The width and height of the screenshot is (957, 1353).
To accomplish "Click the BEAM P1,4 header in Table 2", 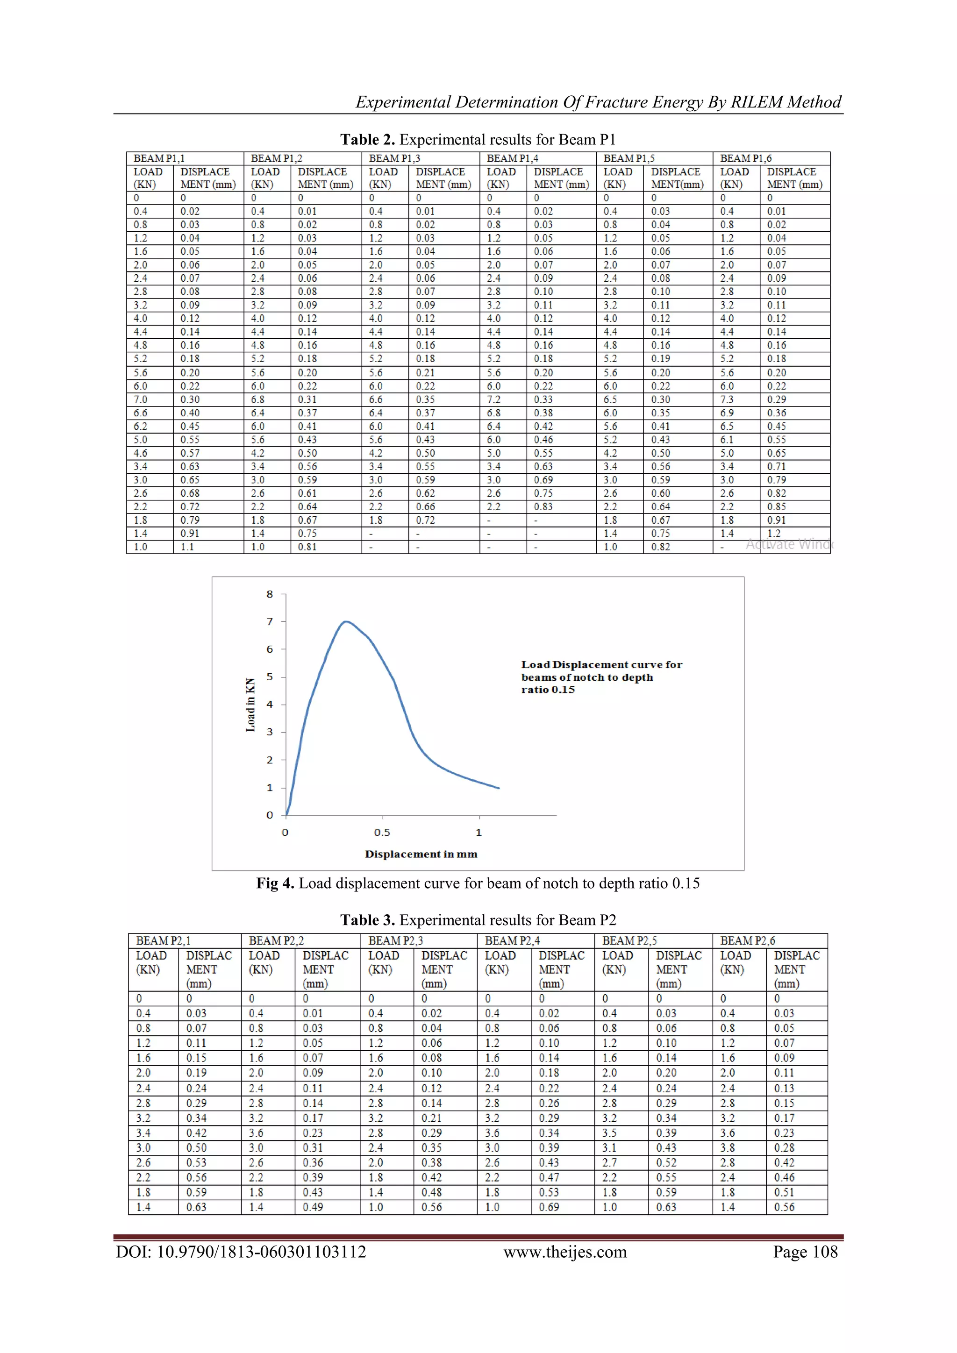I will pyautogui.click(x=512, y=158).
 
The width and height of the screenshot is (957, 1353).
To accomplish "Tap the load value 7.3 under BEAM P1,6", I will pyautogui.click(x=727, y=399).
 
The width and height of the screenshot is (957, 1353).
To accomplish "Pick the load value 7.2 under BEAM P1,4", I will pyautogui.click(x=494, y=399).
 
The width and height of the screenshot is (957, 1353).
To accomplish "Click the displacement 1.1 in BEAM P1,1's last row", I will pyautogui.click(x=187, y=547).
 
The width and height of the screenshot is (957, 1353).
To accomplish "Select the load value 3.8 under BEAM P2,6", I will pyautogui.click(x=727, y=1148).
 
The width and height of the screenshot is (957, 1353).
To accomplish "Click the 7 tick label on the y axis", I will pyautogui.click(x=270, y=622).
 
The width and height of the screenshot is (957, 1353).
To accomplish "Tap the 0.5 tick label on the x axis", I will pyautogui.click(x=382, y=833).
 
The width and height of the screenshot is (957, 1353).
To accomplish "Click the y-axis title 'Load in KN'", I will pyautogui.click(x=250, y=705).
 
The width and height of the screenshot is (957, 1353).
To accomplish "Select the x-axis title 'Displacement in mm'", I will pyautogui.click(x=421, y=855).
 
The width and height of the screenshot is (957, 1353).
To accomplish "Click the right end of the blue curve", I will pyautogui.click(x=499, y=788).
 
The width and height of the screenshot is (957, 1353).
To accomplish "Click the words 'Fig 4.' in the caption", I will pyautogui.click(x=275, y=884).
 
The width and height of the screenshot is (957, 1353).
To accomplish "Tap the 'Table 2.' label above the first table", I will pyautogui.click(x=367, y=140).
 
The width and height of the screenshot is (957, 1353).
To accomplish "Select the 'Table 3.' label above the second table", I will pyautogui.click(x=367, y=920).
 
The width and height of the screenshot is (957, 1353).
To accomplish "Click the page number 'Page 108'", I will pyautogui.click(x=805, y=1252).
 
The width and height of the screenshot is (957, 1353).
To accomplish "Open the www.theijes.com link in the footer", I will pyautogui.click(x=564, y=1252).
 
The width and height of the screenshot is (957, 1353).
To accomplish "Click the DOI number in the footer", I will pyautogui.click(x=241, y=1252).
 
